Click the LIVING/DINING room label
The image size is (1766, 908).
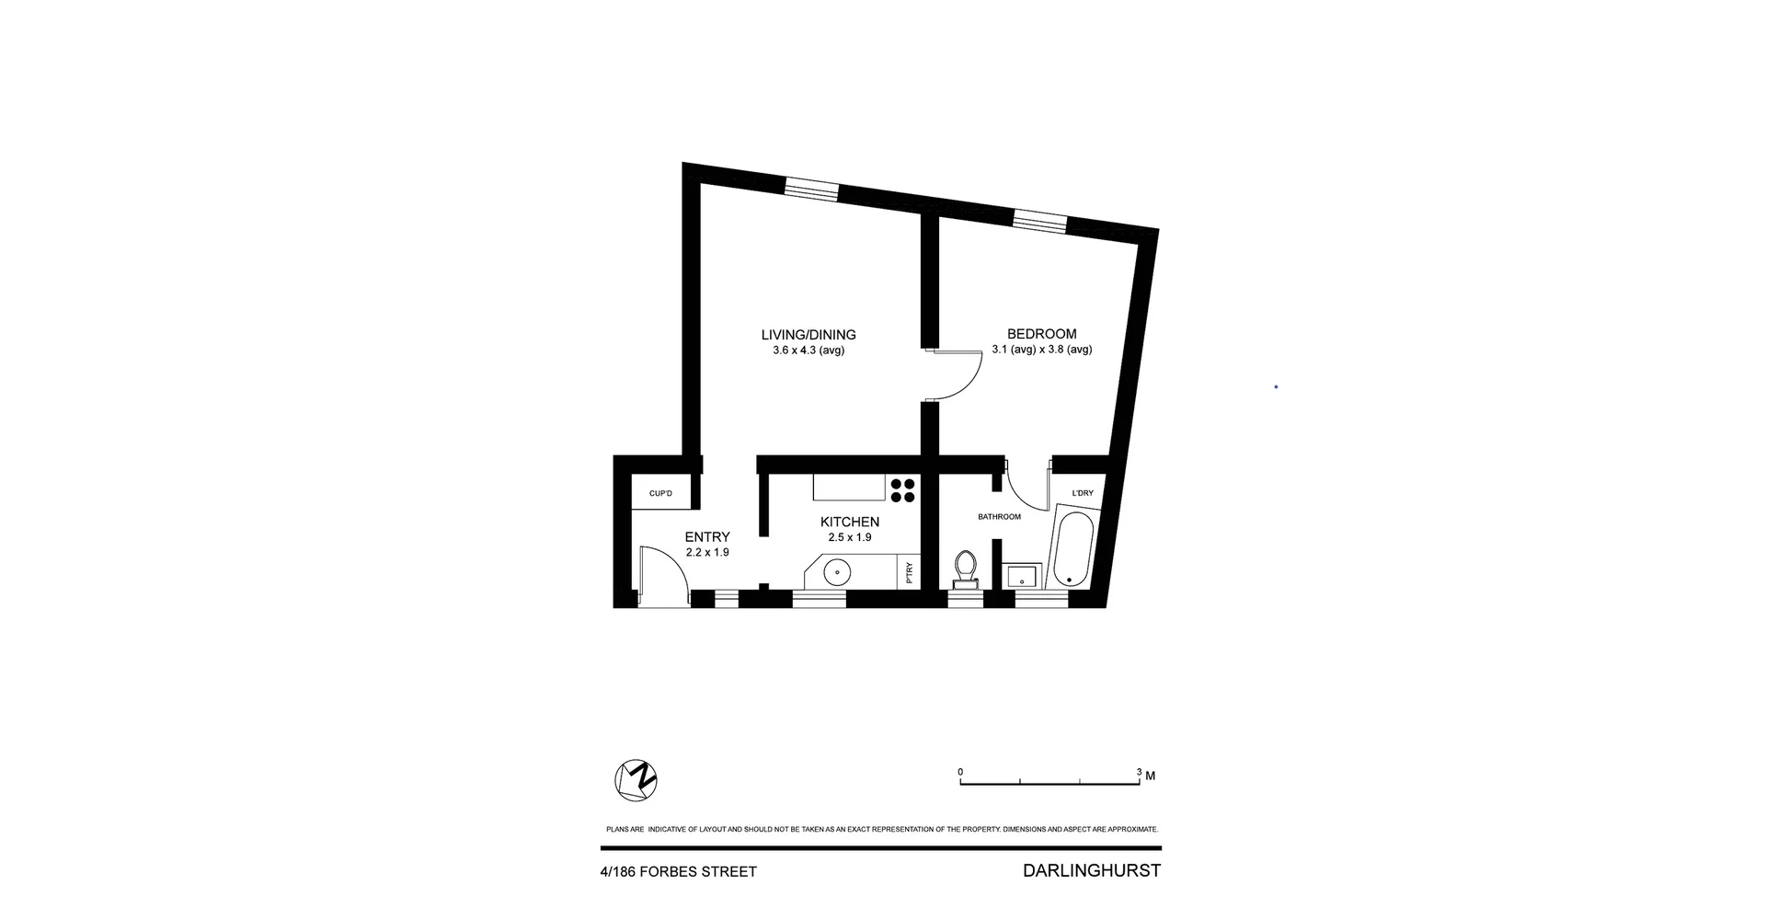(808, 335)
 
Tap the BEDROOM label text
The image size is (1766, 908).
(1041, 334)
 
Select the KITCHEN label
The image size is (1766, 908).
(849, 522)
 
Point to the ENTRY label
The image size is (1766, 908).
(707, 537)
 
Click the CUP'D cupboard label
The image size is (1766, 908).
(660, 494)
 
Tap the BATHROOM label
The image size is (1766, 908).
(999, 517)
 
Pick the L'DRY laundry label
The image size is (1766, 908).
(1083, 493)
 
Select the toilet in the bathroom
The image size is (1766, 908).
(965, 569)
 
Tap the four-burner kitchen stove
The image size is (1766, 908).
(902, 489)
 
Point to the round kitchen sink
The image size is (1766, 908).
(837, 572)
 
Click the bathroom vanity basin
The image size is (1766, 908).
(1021, 576)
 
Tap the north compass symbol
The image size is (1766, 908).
(636, 781)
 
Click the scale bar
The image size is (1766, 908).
(1049, 783)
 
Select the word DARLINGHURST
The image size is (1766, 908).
(1091, 870)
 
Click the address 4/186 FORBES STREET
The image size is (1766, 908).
(678, 871)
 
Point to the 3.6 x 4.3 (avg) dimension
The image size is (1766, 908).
(808, 351)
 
